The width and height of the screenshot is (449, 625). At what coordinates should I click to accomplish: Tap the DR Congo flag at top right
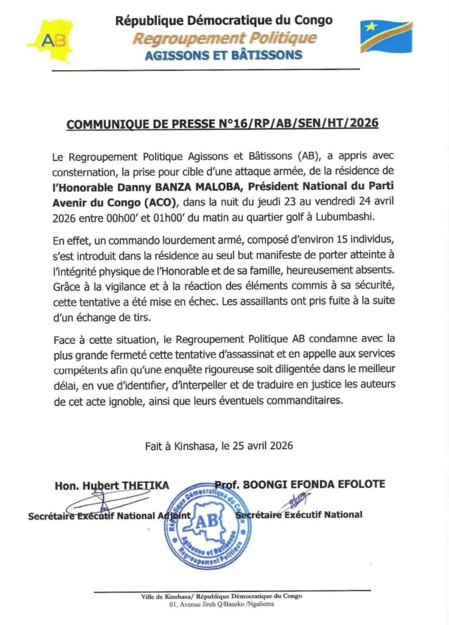coord(386,36)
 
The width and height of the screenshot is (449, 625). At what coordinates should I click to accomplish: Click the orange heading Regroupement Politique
coord(225,38)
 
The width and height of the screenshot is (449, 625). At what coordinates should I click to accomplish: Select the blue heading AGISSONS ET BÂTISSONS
coord(224,56)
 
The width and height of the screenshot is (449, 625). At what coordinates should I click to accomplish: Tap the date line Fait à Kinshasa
coord(219,446)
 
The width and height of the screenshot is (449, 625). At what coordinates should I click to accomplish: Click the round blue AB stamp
coord(209,526)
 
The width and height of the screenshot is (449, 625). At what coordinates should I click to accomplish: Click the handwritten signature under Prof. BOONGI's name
coord(295,502)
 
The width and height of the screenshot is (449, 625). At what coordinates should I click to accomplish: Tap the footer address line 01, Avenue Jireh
coord(224,604)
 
